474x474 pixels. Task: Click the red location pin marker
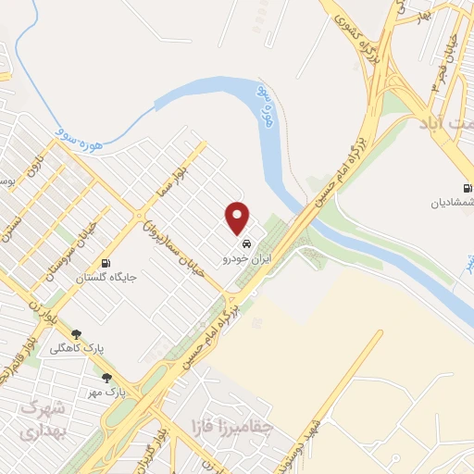click(238, 218)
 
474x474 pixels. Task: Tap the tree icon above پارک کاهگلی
click(76, 335)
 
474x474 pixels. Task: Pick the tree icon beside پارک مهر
click(106, 378)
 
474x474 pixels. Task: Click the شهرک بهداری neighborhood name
click(41, 419)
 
